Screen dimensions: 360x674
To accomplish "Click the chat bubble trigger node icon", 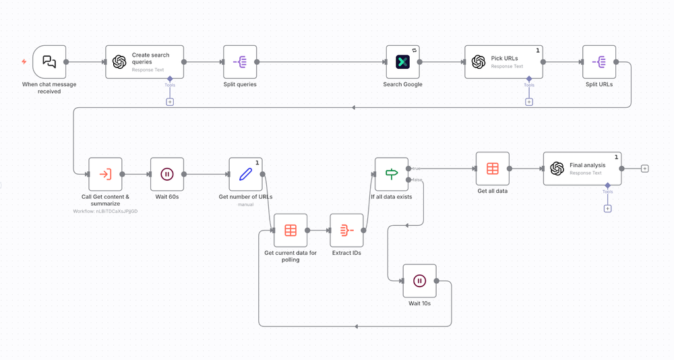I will (x=49, y=61).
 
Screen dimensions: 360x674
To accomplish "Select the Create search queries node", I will (x=144, y=61).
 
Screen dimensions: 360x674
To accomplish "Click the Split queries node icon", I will (x=240, y=61).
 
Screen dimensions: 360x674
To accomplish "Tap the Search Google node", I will (x=402, y=61).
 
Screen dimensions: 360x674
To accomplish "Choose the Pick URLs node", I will (x=503, y=61).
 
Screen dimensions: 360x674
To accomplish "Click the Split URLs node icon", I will (x=599, y=61).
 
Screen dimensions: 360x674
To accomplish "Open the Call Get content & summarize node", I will (x=105, y=174).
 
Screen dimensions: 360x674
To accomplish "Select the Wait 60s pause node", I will (x=167, y=174).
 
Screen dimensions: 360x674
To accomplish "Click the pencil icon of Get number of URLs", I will (x=245, y=174).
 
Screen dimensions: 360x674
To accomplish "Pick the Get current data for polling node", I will (x=290, y=231).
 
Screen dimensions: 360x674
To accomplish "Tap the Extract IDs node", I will (x=346, y=231).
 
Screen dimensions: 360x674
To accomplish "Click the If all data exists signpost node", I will (x=392, y=174).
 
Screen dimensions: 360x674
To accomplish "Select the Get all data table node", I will (x=493, y=169).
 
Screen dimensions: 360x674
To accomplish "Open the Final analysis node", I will (x=582, y=169).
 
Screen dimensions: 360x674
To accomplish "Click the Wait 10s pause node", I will (x=419, y=280).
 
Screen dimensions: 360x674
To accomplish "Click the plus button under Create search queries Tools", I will (x=170, y=102).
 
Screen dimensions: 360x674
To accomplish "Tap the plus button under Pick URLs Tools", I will (x=529, y=102).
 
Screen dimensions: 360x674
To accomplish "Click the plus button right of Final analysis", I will (x=644, y=169).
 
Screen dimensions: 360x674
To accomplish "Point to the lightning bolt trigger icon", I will (x=24, y=61).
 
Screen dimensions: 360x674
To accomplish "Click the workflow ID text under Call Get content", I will (x=105, y=211).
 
